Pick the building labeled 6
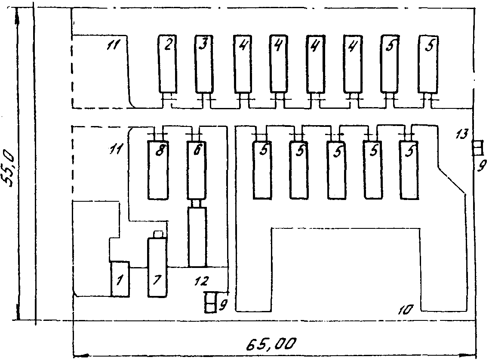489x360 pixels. (197, 169)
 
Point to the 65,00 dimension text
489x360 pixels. (272, 344)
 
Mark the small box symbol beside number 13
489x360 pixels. (477, 148)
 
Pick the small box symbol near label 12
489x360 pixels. (210, 302)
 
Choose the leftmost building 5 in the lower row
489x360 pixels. (261, 169)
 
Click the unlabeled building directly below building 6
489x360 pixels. (197, 237)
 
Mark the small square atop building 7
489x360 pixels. (158, 234)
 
